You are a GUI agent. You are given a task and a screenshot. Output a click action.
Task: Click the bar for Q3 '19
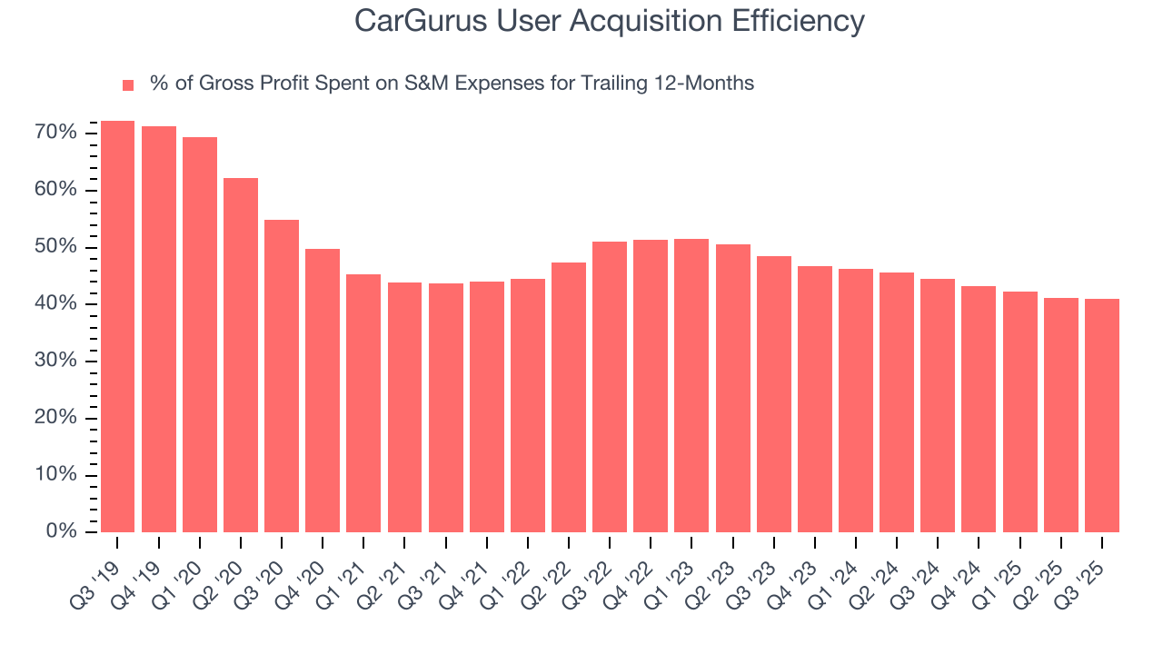(117, 326)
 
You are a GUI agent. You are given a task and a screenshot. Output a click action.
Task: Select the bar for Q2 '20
(241, 354)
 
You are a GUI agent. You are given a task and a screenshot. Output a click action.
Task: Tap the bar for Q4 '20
(323, 390)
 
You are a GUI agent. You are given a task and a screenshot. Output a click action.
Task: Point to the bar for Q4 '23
(815, 399)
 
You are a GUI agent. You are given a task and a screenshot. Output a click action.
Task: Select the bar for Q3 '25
(1102, 415)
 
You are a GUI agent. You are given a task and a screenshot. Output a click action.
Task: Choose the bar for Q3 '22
(610, 386)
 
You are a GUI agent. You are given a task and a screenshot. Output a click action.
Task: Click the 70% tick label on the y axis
(55, 134)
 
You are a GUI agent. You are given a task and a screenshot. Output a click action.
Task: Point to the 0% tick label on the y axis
(61, 532)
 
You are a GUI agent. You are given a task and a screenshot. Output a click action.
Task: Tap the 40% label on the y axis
(55, 304)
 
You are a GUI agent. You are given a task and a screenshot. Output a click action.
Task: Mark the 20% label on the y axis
(55, 419)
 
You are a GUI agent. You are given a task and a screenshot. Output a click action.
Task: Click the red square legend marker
(128, 84)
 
